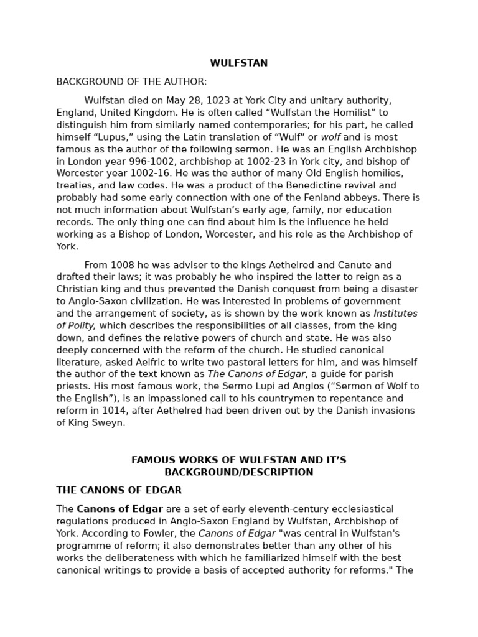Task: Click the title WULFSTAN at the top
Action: (238, 63)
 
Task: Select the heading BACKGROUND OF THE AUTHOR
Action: (131, 82)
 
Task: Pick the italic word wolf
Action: (330, 137)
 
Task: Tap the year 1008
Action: (122, 265)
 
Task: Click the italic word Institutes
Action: (395, 314)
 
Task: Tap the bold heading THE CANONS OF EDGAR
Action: (119, 490)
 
